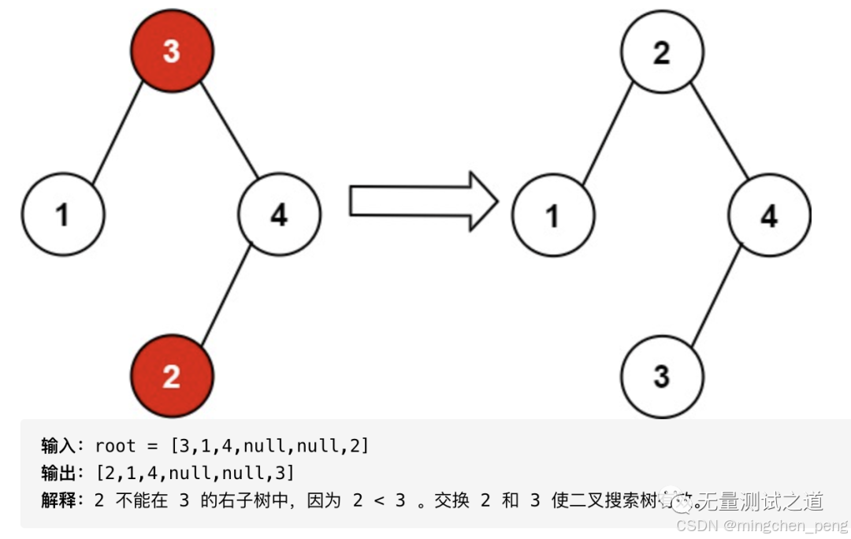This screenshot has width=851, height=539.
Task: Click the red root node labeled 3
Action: [x=172, y=52]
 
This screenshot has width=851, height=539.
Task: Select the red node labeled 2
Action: [x=172, y=376]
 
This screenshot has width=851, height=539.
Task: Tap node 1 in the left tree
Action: [x=63, y=214]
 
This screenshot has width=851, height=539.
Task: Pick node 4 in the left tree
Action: [x=279, y=214]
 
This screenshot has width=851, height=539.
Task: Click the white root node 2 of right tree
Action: [x=661, y=52]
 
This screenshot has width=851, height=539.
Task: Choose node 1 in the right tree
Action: [x=553, y=214]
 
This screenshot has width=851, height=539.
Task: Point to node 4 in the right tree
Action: [x=769, y=214]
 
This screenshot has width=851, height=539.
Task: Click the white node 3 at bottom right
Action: [x=661, y=376]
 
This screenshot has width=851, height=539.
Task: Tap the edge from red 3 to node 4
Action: [x=229, y=128]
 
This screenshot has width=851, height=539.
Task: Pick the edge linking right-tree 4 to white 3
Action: [x=715, y=296]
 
